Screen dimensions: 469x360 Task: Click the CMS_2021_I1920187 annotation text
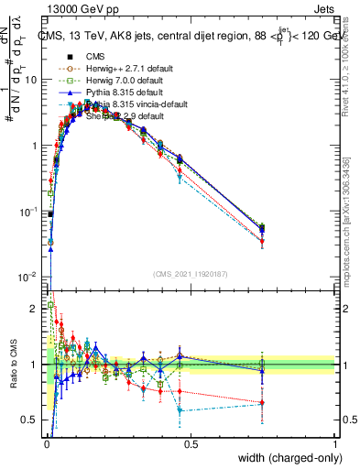coord(191,274)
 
